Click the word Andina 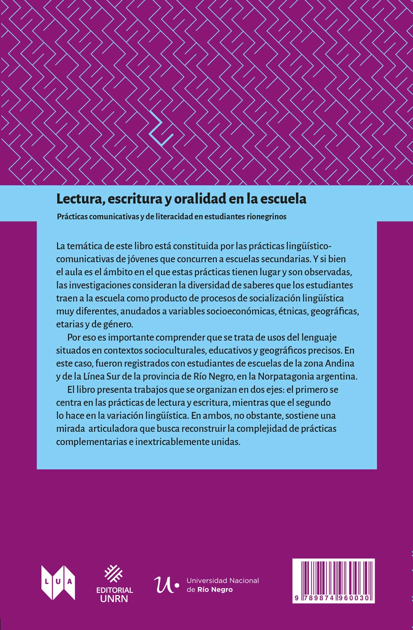340,363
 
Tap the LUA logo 58,582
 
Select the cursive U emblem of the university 164,584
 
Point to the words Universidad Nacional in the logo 223,581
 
